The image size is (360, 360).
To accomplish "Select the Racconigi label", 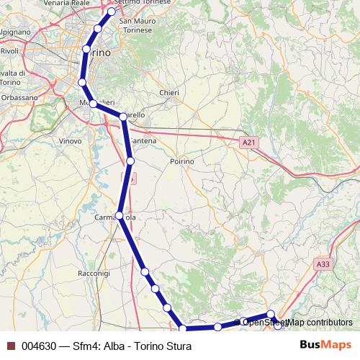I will pos(94,274).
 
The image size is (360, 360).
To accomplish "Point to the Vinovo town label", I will pos(70,141).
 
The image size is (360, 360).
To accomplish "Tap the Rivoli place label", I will pos(9,51).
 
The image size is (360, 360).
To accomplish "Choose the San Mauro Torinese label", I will pos(138,25).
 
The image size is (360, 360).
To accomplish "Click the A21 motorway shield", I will pos(248,143).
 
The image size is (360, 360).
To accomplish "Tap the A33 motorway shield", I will pos(323,265).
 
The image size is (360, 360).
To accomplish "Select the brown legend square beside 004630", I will pos(11,346).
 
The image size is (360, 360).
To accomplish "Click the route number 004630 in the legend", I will pos(39,346).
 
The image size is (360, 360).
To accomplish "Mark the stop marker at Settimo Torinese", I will pos(112,12).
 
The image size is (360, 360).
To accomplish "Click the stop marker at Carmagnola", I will pos(120,215).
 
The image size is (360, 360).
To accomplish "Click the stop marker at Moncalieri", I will pos(94,104).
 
